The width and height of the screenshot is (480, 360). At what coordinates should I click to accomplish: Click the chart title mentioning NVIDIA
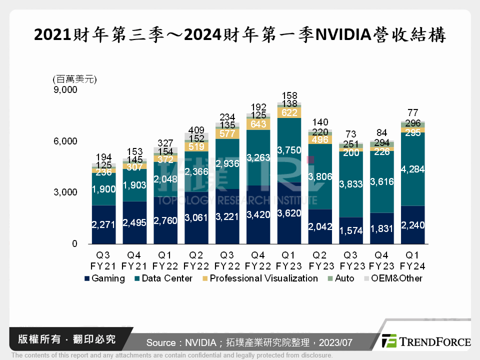(239, 35)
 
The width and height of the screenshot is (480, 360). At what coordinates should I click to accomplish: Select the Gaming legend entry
(104, 278)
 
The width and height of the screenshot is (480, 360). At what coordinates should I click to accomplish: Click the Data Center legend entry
(163, 278)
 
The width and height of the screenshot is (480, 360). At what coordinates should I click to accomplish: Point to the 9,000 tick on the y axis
(65, 90)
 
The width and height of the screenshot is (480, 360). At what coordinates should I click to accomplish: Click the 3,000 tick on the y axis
(65, 192)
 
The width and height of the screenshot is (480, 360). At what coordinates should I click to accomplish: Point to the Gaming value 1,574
(351, 231)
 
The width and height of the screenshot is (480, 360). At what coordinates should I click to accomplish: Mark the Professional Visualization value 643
(258, 124)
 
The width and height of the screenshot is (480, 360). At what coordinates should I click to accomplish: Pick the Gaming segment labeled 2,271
(103, 224)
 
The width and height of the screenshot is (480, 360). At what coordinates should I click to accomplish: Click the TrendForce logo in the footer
(425, 341)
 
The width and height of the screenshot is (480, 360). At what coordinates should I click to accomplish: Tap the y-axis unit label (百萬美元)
(74, 79)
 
